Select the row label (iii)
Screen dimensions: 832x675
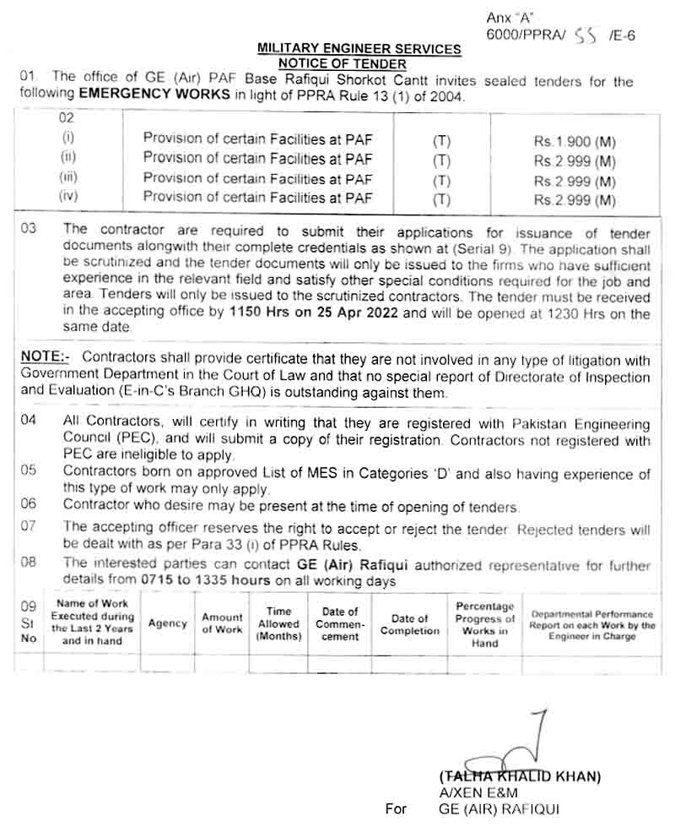pos(68,178)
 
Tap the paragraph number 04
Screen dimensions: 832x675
pos(29,421)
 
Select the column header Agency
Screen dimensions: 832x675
pos(167,623)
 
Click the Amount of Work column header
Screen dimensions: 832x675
pos(222,623)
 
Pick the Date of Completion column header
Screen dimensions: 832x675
pos(410,624)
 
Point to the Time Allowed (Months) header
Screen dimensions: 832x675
pos(278,623)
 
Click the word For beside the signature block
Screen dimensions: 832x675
pos(396,809)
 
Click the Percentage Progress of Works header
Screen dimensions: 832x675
pos(485,624)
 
